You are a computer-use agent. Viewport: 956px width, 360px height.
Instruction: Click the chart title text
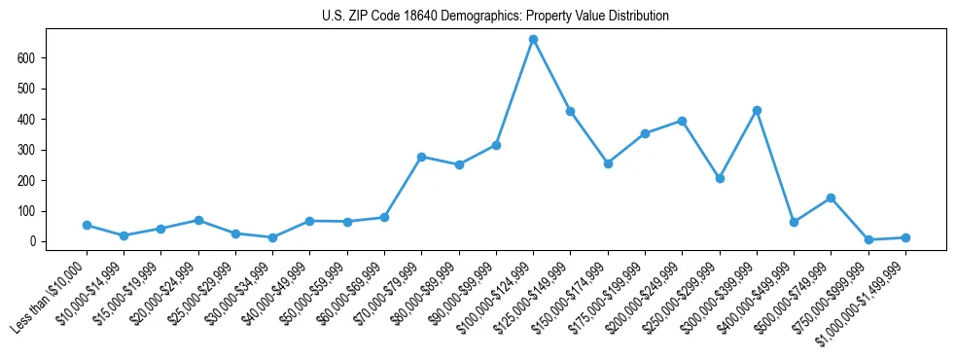[495, 17]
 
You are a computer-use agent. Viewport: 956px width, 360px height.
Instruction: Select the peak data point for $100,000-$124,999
[533, 40]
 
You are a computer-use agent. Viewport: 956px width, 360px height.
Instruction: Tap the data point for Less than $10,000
[87, 225]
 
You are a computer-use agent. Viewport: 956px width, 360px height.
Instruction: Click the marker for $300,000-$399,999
[757, 110]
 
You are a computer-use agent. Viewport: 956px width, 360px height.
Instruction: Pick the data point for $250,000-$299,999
[720, 178]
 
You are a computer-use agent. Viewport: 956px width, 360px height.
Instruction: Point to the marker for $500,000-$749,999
[831, 198]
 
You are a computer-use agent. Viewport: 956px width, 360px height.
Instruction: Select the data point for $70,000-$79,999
[421, 157]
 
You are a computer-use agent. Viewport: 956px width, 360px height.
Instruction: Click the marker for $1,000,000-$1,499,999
[905, 237]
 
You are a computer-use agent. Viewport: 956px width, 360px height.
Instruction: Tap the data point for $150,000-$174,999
[608, 163]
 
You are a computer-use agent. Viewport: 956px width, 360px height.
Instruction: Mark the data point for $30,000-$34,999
[272, 237]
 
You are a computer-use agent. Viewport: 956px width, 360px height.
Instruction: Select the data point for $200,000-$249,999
[682, 121]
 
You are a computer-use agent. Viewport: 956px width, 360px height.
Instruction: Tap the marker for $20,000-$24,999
[198, 220]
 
